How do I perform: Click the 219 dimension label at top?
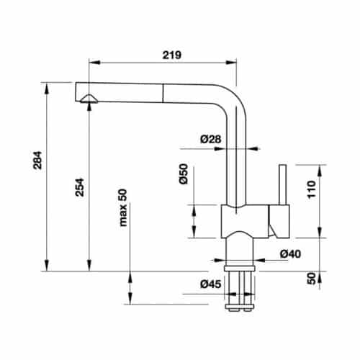click(170, 55)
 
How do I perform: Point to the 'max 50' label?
click(122, 207)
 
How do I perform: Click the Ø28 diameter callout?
click(210, 138)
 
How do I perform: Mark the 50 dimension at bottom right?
click(311, 279)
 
